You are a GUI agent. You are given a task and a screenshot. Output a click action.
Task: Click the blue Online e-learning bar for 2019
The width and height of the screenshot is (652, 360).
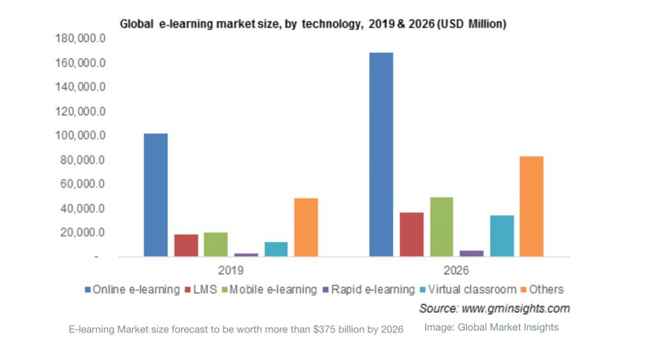[x=155, y=195]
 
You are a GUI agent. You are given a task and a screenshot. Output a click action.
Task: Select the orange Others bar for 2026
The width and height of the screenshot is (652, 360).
[x=531, y=206]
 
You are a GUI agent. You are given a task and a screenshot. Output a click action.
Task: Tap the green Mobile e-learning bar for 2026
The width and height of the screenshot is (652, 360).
[x=441, y=227]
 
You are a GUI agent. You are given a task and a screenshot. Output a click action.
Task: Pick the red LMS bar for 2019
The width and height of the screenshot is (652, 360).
[x=186, y=245]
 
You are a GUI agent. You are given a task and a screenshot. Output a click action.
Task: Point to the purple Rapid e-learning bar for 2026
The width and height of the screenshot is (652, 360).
[x=472, y=254]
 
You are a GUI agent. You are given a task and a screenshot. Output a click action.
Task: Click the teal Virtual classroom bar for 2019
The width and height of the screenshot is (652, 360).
[x=276, y=249]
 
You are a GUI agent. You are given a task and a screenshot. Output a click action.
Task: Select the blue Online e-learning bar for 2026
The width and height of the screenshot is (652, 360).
[x=381, y=155]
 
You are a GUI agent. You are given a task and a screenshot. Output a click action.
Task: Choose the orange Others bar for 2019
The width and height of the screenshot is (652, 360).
[x=306, y=227]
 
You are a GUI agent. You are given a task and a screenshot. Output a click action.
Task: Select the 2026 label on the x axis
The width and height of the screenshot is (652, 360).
[x=457, y=270]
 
